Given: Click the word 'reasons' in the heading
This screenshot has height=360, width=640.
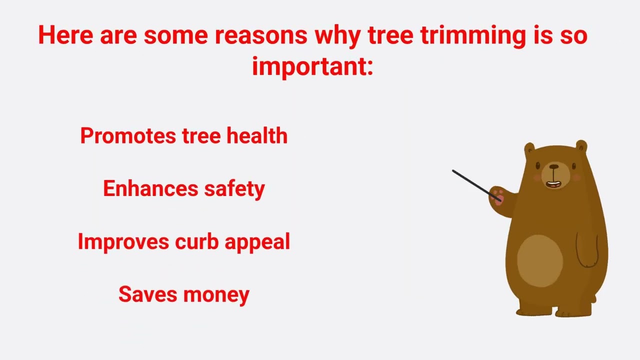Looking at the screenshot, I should [x=260, y=35].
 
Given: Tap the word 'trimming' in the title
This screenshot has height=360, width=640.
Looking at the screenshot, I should [x=472, y=35].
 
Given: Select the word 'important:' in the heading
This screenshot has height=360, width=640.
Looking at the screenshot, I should [x=312, y=66].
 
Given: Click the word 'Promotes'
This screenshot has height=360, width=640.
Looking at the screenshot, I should [x=128, y=136].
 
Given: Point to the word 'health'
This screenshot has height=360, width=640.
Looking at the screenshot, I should [x=257, y=136].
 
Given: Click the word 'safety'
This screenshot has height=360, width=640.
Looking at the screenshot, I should [x=234, y=189].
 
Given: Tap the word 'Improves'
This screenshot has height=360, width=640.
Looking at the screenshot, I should [x=123, y=242].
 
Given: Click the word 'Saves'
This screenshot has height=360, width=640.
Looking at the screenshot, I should [x=148, y=294].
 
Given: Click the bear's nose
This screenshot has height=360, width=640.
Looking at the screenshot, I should [x=554, y=167].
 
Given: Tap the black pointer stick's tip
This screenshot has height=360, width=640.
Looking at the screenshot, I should [x=453, y=171].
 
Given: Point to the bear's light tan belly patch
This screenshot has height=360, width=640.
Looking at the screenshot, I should [x=539, y=260].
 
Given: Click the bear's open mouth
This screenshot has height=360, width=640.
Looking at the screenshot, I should [x=553, y=183].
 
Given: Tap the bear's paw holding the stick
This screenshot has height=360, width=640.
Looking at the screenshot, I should [x=497, y=196].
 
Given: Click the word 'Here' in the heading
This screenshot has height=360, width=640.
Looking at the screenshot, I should [x=65, y=35].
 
